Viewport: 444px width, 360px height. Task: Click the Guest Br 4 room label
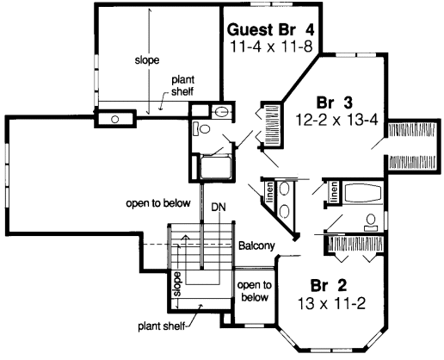[x=270, y=29]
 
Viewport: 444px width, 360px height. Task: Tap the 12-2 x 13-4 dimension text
[x=336, y=120]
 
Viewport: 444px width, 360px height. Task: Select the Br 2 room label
[x=329, y=285]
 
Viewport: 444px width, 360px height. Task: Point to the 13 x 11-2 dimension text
[x=331, y=303]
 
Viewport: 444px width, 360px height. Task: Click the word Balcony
[x=256, y=245]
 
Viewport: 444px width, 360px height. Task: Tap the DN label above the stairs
[x=219, y=207]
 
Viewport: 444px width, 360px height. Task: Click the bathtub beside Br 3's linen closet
[x=363, y=194]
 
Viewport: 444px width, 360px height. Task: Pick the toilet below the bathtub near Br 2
[x=371, y=222]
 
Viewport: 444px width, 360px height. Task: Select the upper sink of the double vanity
[x=284, y=189]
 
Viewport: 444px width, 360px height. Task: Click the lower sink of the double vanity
[x=284, y=211]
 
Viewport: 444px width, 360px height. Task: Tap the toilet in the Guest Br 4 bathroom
[x=201, y=128]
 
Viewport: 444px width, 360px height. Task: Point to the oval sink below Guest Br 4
[x=221, y=111]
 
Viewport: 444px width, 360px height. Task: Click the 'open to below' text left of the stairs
[x=158, y=203]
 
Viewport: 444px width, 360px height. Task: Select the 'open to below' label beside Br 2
[x=255, y=291]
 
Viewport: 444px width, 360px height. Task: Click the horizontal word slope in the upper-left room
[x=147, y=60]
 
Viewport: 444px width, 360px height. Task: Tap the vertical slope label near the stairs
[x=177, y=284]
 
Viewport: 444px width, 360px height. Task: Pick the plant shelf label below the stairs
[x=162, y=326]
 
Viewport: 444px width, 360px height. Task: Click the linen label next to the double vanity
[x=270, y=192]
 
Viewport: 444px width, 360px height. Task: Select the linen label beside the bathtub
[x=334, y=192]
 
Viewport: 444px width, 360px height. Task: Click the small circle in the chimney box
[x=115, y=119]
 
